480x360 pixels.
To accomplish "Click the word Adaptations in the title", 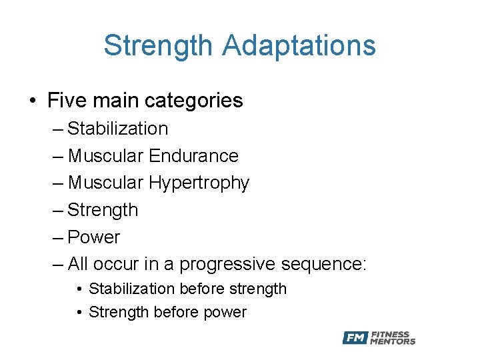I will coord(299,46).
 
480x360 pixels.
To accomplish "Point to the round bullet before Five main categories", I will coord(33,101).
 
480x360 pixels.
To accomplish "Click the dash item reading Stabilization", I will coord(117,128).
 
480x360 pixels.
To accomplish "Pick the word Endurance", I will coord(193,155).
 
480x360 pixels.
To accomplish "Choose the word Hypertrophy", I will coord(199,183).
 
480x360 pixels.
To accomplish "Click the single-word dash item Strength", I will coord(103,210).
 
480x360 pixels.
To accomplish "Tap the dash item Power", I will coord(94,237).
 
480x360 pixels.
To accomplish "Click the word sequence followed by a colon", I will coord(324,264).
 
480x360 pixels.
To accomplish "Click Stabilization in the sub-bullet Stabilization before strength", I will coord(133,289).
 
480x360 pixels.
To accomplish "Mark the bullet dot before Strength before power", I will coord(79,313).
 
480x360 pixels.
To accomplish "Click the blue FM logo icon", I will coord(355,338).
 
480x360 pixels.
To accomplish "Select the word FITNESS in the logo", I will coord(391,334).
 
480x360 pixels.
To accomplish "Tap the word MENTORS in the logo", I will coord(393,342).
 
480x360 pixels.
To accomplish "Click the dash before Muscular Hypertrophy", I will coord(58,183).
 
